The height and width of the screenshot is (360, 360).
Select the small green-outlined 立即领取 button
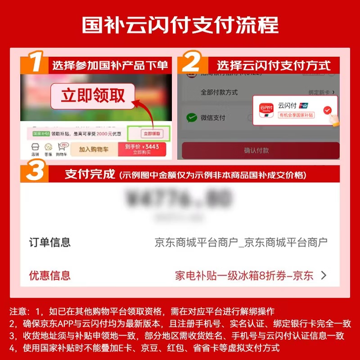pos(148,134)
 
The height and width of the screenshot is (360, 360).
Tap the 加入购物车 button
pos(94,149)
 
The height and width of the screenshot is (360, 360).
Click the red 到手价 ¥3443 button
pos(142,149)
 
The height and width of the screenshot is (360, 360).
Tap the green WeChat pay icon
pos(192,118)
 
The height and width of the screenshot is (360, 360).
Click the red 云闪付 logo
pos(267,109)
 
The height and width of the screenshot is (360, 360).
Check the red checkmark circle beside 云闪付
pos(328,109)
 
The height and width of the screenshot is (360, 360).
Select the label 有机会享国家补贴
pos(296,116)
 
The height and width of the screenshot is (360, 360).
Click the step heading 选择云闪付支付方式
pos(274,65)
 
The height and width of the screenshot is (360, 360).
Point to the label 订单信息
pos(50,243)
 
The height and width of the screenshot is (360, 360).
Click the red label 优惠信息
pos(50,275)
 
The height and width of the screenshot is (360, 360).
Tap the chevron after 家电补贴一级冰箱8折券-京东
pos(323,275)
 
